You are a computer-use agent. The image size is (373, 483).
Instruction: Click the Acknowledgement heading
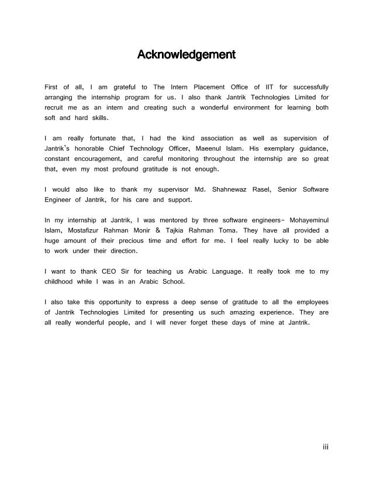coord(186,56)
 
